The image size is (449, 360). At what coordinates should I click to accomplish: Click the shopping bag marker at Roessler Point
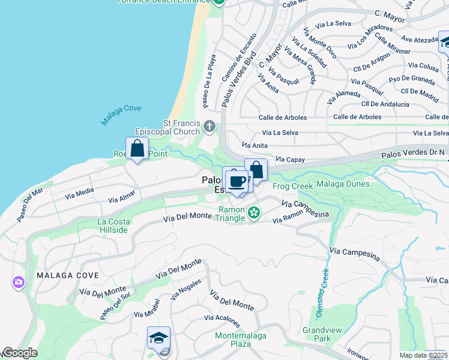click(137, 149)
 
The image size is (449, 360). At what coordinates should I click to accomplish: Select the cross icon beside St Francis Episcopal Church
click(209, 126)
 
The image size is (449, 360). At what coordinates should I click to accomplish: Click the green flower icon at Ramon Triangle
click(254, 212)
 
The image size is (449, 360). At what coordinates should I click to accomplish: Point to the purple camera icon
click(18, 281)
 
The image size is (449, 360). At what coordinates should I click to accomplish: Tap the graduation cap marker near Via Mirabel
click(159, 338)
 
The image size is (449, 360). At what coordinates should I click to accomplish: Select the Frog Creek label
click(293, 187)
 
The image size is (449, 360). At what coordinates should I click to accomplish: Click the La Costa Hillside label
click(113, 226)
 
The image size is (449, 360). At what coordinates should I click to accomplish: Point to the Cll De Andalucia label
click(381, 104)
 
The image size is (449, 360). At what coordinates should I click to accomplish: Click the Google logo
click(19, 353)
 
